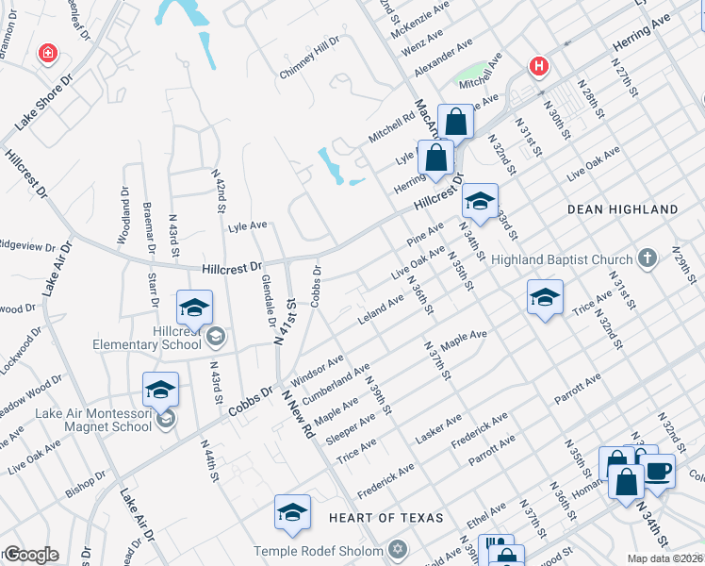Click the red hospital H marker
click(x=539, y=67)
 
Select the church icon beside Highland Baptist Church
click(x=647, y=258)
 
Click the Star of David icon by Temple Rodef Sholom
click(x=397, y=549)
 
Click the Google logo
click(x=31, y=555)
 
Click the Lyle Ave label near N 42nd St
click(x=248, y=226)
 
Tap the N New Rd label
click(x=296, y=415)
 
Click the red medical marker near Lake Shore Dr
click(x=47, y=54)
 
